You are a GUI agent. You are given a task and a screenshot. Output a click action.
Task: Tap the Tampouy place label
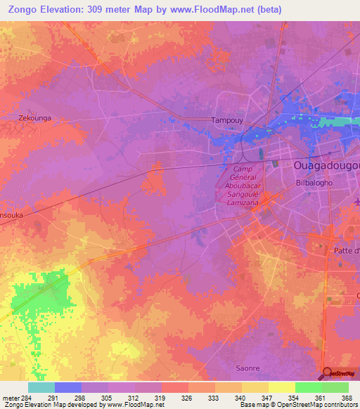(227, 120)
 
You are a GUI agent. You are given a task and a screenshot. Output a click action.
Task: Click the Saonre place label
(249, 368)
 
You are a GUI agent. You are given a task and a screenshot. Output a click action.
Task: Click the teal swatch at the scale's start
(41, 387)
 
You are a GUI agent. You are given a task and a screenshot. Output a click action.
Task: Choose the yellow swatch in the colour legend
(282, 387)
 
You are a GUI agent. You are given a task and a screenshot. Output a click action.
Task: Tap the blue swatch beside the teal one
(68, 387)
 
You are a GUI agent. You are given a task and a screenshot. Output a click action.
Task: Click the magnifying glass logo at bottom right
(327, 373)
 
